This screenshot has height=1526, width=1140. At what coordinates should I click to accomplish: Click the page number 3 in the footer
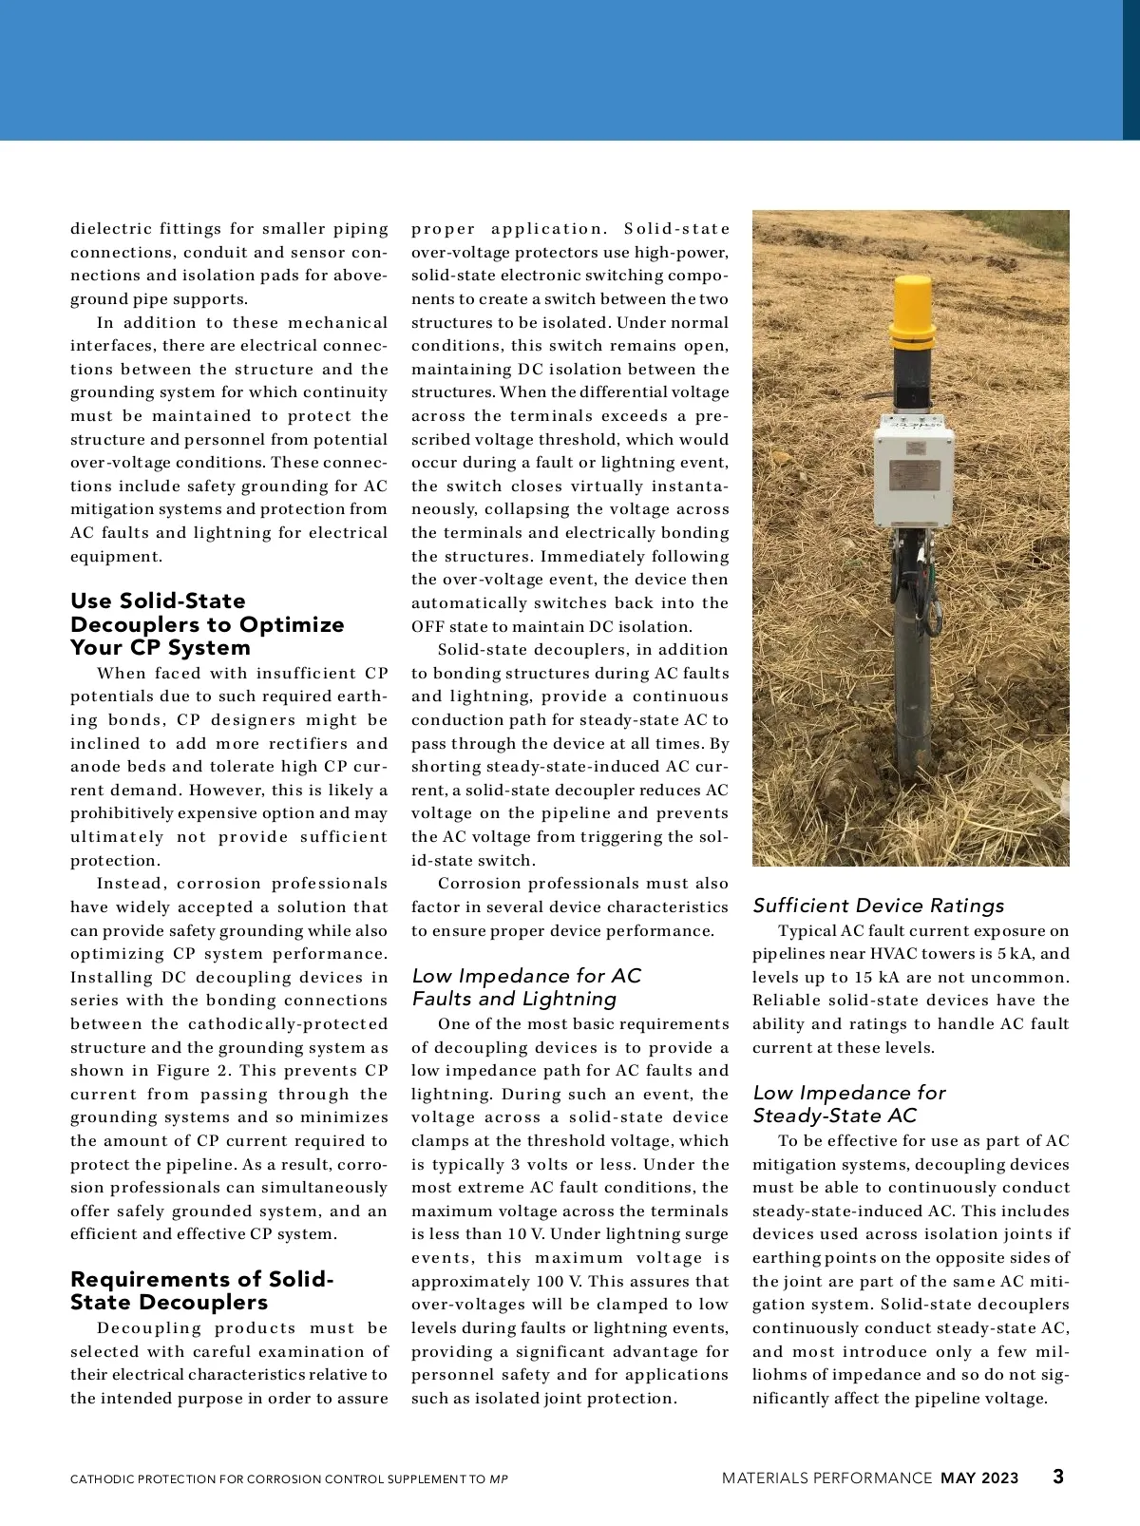coord(1057,1477)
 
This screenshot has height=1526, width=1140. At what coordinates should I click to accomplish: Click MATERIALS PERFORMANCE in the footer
coord(826,1478)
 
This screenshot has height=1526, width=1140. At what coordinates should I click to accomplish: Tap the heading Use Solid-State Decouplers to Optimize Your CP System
coord(207,624)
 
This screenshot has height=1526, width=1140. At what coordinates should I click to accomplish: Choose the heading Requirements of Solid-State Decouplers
coord(201,1290)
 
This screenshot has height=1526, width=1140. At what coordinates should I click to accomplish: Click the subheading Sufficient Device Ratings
coord(879,906)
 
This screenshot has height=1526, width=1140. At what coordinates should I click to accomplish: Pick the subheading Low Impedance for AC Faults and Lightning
coord(526,987)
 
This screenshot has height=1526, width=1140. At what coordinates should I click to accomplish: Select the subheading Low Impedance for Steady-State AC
coord(848,1104)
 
